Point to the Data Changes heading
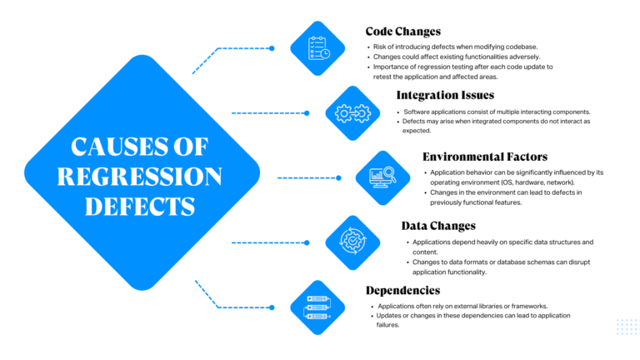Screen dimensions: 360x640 pos(438,225)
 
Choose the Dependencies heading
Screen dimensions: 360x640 pos(402,290)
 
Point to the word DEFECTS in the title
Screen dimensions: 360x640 pos(140,205)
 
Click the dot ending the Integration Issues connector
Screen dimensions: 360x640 pos(307,113)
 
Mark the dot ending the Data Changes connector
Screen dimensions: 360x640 pos(307,242)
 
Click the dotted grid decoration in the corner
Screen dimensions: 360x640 pos(626,327)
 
